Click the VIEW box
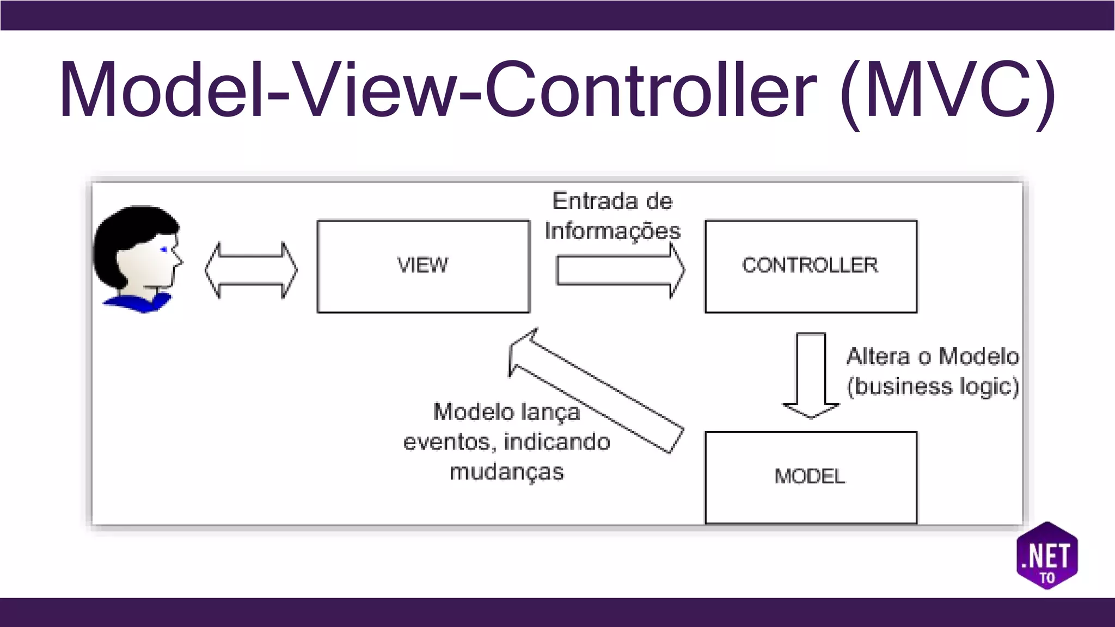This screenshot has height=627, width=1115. click(423, 266)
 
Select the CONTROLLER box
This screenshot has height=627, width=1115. click(811, 266)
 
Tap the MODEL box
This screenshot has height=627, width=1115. click(811, 477)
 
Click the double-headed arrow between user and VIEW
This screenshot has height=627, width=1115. click(251, 271)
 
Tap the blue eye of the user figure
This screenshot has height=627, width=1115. click(164, 250)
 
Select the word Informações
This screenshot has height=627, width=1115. click(612, 231)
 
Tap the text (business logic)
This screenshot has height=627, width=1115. click(932, 386)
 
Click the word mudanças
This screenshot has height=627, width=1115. click(506, 472)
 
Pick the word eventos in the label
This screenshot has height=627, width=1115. click(448, 442)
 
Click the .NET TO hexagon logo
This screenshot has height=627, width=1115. click(1047, 556)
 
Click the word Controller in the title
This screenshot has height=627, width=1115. click(650, 90)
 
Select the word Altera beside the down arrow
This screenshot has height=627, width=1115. click(878, 356)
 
